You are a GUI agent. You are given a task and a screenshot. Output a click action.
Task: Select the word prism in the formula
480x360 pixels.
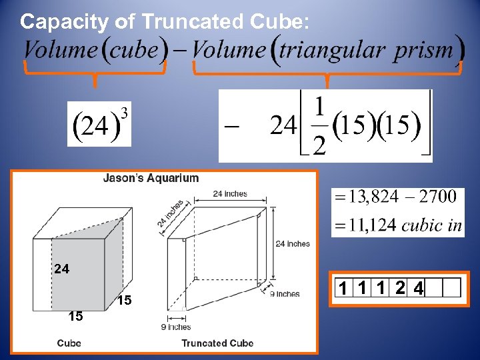click(423, 51)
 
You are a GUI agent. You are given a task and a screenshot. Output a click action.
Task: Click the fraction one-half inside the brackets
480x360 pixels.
click(319, 126)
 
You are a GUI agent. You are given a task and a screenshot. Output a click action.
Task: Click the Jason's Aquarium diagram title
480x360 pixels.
click(151, 178)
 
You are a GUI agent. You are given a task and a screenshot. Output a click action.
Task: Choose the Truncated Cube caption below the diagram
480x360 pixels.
click(217, 343)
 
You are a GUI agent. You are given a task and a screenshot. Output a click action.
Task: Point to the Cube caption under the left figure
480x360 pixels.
click(69, 343)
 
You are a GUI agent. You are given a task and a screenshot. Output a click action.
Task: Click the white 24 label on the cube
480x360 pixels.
click(61, 269)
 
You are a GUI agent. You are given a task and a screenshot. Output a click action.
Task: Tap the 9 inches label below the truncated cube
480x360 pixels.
click(176, 327)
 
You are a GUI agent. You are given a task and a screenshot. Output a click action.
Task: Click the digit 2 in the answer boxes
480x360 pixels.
click(398, 288)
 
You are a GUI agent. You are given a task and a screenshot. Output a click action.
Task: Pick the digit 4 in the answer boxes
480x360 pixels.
click(417, 288)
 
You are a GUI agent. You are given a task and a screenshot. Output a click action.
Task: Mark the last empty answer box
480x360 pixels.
click(452, 288)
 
